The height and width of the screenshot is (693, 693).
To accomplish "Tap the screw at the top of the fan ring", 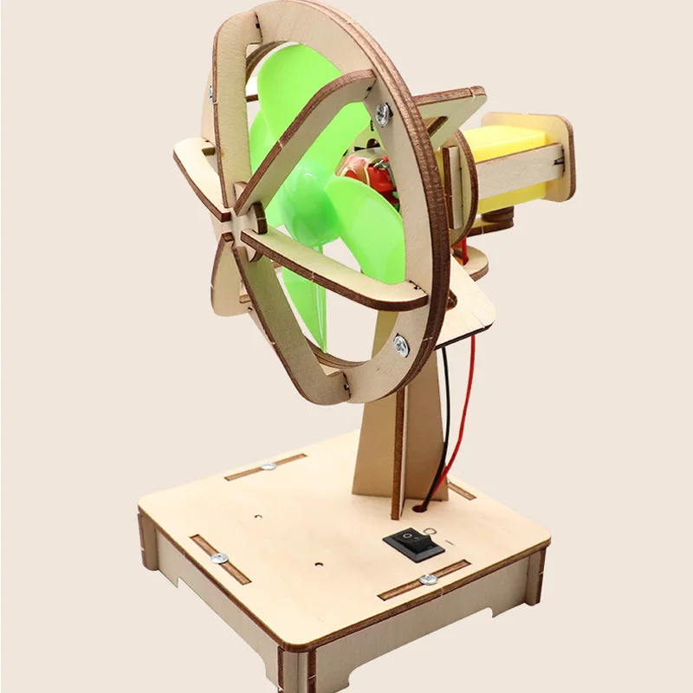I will click(x=383, y=112).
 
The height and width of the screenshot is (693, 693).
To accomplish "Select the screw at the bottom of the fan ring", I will click(x=400, y=345).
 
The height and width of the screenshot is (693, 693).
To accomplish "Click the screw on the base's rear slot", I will click(x=268, y=467).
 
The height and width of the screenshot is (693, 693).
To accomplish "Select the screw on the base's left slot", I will click(x=219, y=559).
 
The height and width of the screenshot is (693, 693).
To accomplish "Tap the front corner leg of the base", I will click(x=295, y=667).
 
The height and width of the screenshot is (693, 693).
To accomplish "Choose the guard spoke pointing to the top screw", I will click(x=312, y=152).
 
